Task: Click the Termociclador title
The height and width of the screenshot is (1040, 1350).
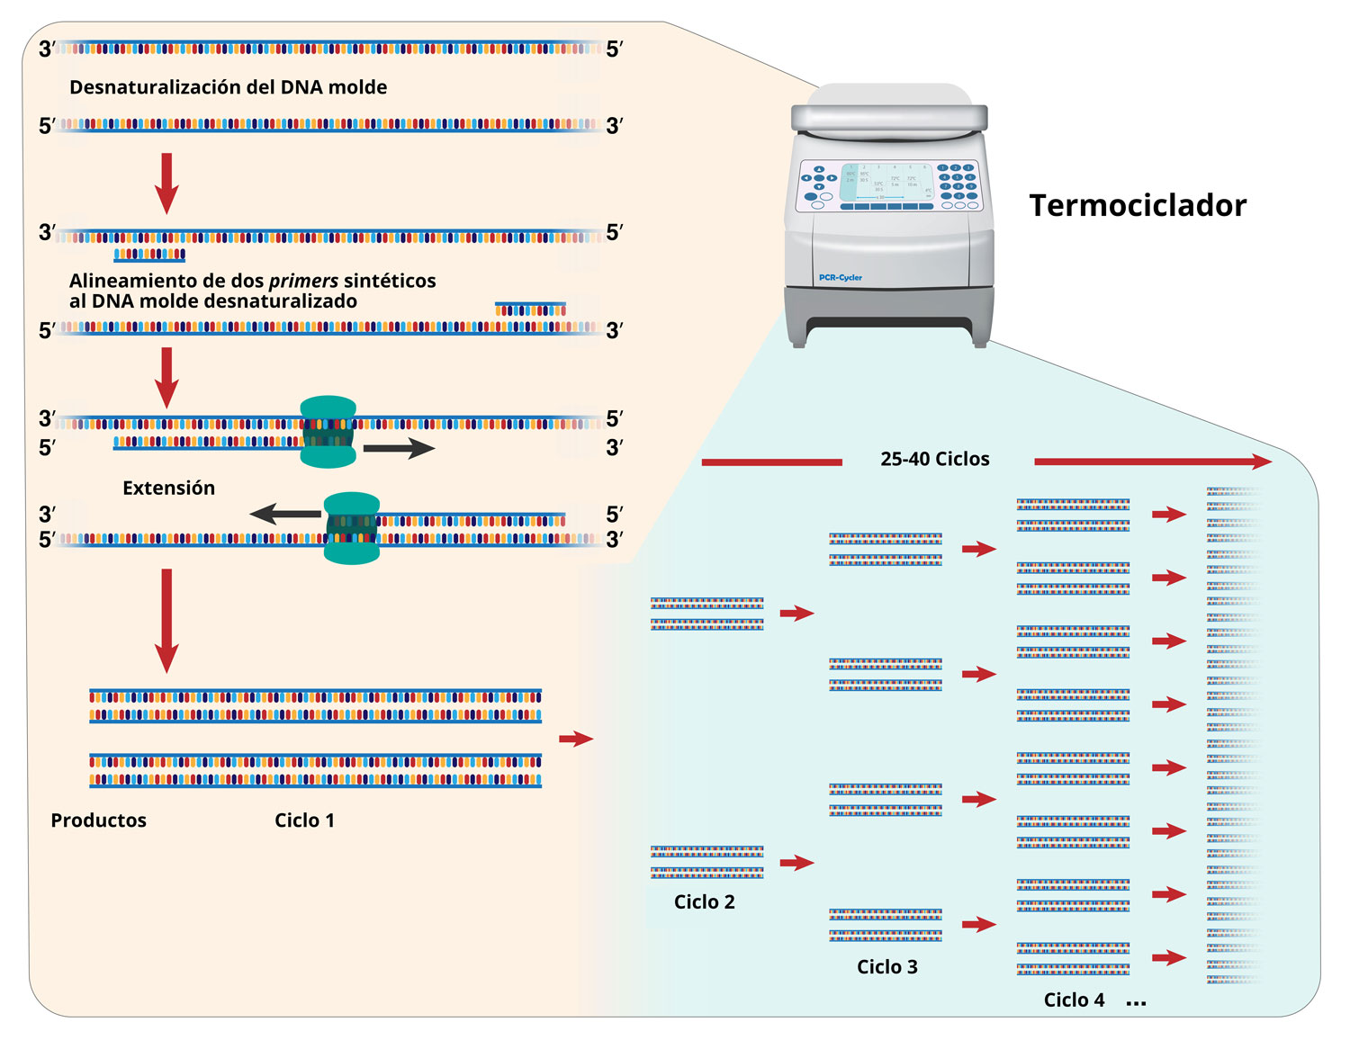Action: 1138,206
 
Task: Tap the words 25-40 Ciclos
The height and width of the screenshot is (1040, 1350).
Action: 934,460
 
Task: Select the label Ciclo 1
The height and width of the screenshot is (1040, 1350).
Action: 304,820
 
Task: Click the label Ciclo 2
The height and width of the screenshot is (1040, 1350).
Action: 704,902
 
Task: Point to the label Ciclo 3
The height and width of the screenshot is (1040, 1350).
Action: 886,967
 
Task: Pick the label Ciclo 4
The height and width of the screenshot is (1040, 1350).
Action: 1074,1000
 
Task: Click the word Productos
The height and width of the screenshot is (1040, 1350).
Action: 98,820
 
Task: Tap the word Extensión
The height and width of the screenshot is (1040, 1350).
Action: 168,489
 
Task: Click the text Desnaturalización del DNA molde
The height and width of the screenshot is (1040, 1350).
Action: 228,88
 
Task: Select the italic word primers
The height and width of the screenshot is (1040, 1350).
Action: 303,281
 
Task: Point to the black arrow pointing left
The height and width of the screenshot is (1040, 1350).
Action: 285,514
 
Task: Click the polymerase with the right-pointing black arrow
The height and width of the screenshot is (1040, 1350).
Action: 328,432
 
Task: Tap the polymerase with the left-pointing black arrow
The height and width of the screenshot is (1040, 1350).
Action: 352,528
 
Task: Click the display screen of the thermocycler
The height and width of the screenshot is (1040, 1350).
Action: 886,183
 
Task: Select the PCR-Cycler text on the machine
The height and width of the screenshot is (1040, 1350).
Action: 840,278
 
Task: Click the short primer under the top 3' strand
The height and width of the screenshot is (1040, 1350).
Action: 149,256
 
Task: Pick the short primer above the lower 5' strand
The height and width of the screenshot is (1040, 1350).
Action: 530,309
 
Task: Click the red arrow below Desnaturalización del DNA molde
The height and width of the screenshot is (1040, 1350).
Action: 166,183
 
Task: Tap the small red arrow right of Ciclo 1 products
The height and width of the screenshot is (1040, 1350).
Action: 576,739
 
